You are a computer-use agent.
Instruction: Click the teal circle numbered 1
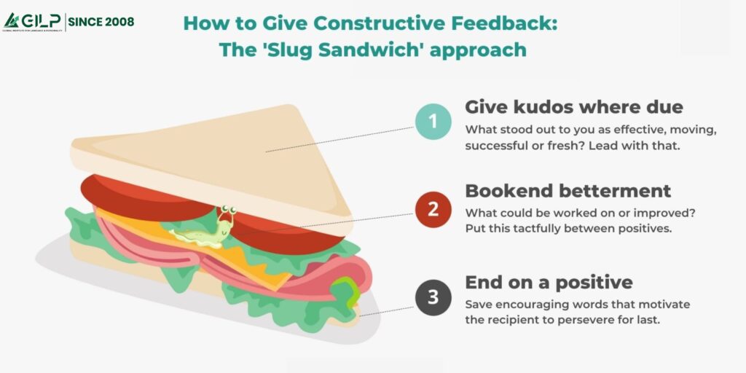click(433, 122)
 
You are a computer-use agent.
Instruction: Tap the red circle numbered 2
click(433, 209)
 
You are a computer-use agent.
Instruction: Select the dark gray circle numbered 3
click(433, 297)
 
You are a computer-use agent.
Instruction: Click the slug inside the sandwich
click(205, 231)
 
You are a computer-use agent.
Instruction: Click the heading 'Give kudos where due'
click(574, 107)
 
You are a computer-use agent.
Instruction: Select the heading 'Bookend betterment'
click(568, 191)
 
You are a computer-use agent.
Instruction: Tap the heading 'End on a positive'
click(549, 282)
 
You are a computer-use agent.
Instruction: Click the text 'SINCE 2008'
click(101, 21)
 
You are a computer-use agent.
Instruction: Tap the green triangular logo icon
click(11, 20)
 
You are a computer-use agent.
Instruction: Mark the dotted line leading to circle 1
click(339, 139)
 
